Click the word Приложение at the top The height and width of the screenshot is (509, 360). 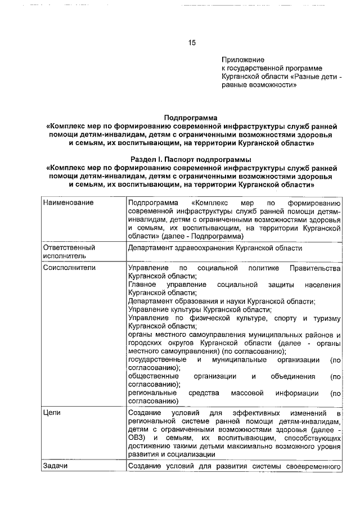[x=243, y=59]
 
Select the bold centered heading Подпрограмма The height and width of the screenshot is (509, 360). [x=190, y=118]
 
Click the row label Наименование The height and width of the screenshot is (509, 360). [x=68, y=202]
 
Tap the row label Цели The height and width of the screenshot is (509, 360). [x=51, y=413]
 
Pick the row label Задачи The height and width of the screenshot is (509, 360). [x=56, y=466]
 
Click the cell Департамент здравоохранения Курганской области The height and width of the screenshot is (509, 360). [x=215, y=247]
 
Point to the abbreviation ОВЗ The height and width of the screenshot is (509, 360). [x=137, y=437]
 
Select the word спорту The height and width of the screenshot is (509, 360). [x=277, y=318]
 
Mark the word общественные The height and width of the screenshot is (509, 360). [x=154, y=376]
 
